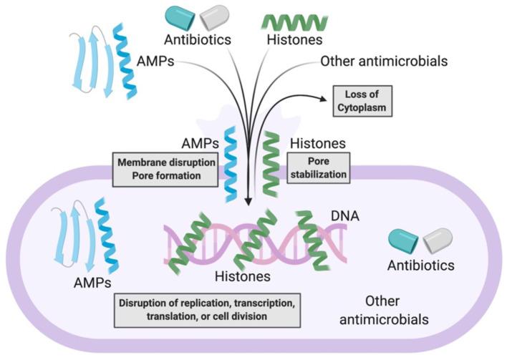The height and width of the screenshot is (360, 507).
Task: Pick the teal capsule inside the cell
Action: point(405,241)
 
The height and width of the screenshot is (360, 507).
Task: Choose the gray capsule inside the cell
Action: point(438,241)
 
